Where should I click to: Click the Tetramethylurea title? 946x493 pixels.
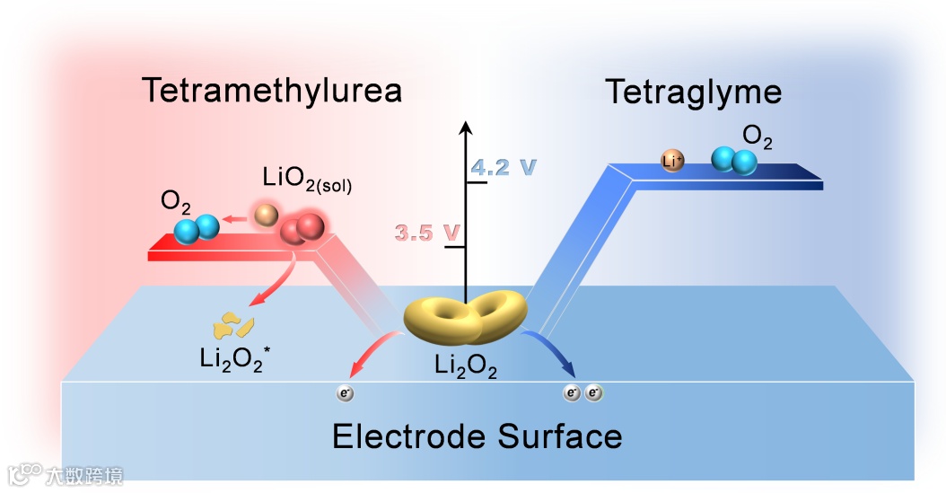click(x=271, y=92)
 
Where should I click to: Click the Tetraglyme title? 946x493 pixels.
click(x=693, y=92)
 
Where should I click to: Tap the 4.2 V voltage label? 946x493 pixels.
click(x=504, y=166)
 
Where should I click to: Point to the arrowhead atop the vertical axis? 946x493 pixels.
click(x=466, y=127)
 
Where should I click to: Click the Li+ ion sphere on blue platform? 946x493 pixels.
click(x=671, y=161)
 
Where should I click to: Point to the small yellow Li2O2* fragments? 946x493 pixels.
click(x=232, y=324)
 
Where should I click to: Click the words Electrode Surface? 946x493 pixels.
click(x=477, y=436)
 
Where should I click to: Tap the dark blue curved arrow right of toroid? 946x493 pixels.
click(x=551, y=348)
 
